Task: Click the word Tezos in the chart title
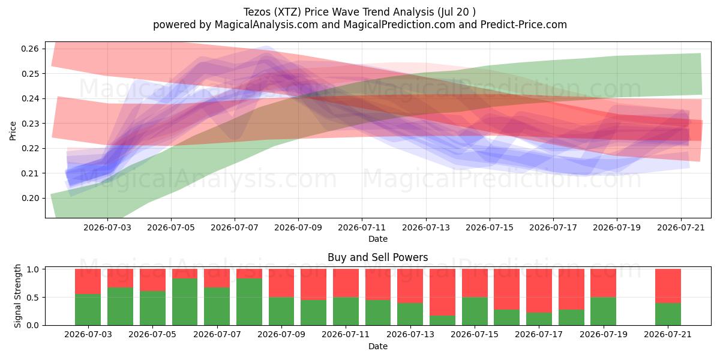pos(257,12)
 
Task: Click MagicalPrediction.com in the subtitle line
pos(399,25)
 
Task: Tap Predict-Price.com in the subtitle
pos(524,25)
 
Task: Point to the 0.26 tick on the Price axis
pos(30,49)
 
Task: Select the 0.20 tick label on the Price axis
pos(30,199)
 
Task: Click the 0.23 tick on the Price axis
pos(30,124)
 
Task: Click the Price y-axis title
pos(13,131)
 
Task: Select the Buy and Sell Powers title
pos(377,257)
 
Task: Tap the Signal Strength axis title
pos(17,296)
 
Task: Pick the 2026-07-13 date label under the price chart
pos(426,227)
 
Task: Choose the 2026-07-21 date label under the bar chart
pos(668,334)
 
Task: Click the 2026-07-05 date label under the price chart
pos(171,227)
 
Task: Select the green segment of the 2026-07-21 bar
pos(668,314)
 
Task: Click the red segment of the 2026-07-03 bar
pos(88,281)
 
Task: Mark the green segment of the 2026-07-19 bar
pos(604,311)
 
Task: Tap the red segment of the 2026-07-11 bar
pos(346,283)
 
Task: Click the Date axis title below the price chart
pos(377,239)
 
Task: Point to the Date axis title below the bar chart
pos(377,346)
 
